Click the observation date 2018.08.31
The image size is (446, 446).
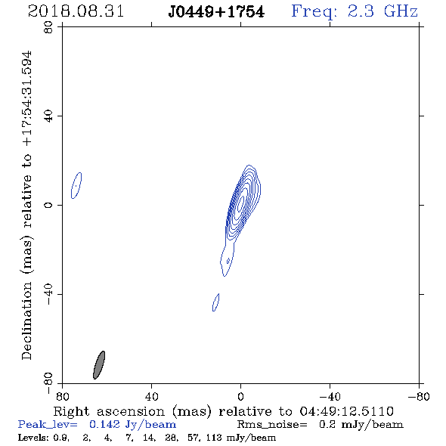coord(76,11)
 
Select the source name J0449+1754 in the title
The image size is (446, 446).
coord(216,12)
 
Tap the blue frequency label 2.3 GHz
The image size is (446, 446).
coord(383,11)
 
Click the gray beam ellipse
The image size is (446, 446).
coord(99,365)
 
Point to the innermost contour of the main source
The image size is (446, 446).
coord(242,203)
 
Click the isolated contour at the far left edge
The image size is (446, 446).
coord(76,185)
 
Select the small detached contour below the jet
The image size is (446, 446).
coord(216,302)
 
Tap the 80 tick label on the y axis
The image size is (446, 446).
coord(48,27)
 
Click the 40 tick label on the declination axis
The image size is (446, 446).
coord(48,116)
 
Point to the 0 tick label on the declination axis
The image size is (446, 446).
coord(48,205)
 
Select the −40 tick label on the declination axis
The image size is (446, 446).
coord(48,294)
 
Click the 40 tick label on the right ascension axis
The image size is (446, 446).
coord(152,396)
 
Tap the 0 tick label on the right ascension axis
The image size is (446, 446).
coord(240,396)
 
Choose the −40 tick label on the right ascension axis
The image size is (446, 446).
coord(330,396)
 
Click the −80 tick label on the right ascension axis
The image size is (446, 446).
coord(419,396)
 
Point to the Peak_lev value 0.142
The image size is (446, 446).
coord(104,424)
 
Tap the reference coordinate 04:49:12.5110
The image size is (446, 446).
coord(347,411)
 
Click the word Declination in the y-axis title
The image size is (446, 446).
coord(26,321)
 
